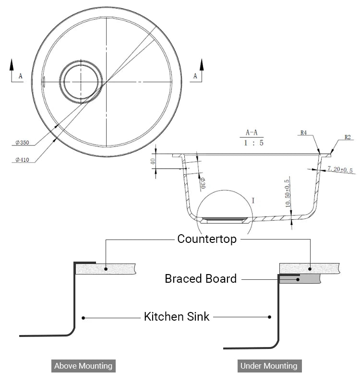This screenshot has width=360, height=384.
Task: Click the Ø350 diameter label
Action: (22, 143)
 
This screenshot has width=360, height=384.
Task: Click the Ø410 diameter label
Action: (22, 160)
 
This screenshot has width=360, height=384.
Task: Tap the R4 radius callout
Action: (303, 132)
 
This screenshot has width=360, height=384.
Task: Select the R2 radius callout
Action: (348, 137)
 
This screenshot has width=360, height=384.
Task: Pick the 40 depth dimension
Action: (154, 161)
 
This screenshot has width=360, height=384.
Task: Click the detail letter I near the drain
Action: (253, 200)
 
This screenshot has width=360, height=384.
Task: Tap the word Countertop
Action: (207, 239)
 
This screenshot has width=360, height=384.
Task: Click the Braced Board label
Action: (201, 278)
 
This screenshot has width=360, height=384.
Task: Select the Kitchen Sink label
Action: (177, 317)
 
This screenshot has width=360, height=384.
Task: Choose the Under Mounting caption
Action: (269, 366)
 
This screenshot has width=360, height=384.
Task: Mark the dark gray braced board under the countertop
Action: (307, 278)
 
